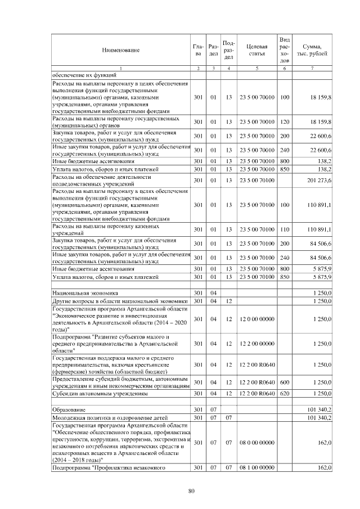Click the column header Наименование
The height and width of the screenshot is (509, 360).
[x=120, y=50]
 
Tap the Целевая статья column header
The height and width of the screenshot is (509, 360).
[x=256, y=50]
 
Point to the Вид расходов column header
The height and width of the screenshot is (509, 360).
[x=285, y=50]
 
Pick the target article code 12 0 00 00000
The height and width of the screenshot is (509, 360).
[x=256, y=319]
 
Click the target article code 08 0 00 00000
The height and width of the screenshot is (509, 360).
[x=256, y=443]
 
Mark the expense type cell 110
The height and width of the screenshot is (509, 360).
[x=285, y=229]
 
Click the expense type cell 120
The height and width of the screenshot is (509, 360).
[x=285, y=121]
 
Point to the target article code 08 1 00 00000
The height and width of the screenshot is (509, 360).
[x=256, y=467]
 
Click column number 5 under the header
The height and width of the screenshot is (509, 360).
[x=256, y=68]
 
